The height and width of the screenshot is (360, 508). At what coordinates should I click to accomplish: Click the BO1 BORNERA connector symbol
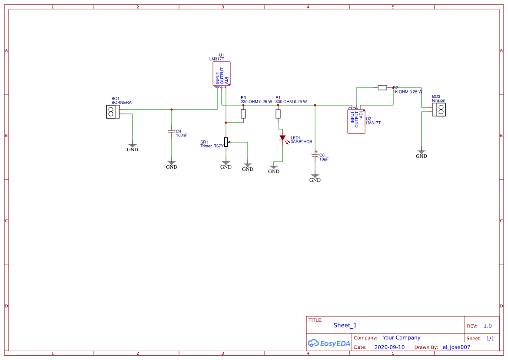[x=113, y=112]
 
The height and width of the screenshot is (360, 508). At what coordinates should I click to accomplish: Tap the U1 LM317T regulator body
[x=221, y=73]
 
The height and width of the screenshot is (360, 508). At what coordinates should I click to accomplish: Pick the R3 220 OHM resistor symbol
[x=243, y=114]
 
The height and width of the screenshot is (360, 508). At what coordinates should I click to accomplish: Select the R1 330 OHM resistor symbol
[x=278, y=114]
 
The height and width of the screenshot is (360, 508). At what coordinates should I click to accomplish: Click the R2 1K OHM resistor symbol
[x=382, y=88]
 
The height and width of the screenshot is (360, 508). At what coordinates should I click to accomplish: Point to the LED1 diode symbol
[x=282, y=138]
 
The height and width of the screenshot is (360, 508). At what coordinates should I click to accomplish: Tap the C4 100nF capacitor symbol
[x=172, y=131]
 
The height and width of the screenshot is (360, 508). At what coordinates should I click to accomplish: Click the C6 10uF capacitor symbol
[x=315, y=155]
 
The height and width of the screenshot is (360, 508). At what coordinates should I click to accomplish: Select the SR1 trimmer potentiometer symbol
[x=226, y=142]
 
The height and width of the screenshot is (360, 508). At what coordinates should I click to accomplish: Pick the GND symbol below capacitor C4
[x=172, y=165]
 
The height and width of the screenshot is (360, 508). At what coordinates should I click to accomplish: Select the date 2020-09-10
[x=389, y=347]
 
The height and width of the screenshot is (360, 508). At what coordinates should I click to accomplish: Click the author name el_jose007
[x=456, y=347]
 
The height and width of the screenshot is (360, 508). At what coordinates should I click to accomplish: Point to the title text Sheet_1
[x=345, y=325]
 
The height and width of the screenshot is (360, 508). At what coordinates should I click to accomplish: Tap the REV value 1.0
[x=488, y=326]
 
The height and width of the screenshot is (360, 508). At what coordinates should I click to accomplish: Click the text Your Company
[x=402, y=338]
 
